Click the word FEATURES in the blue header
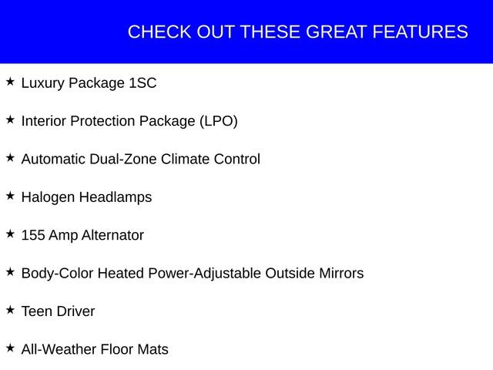pos(420,32)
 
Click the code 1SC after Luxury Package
pos(142,83)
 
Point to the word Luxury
pos(44,83)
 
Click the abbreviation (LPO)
pos(218,121)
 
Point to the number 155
pos(33,236)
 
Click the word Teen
pos(37,312)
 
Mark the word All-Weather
pos(59,350)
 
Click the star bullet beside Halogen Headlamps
pos(10,196)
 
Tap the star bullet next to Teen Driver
pos(10,310)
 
